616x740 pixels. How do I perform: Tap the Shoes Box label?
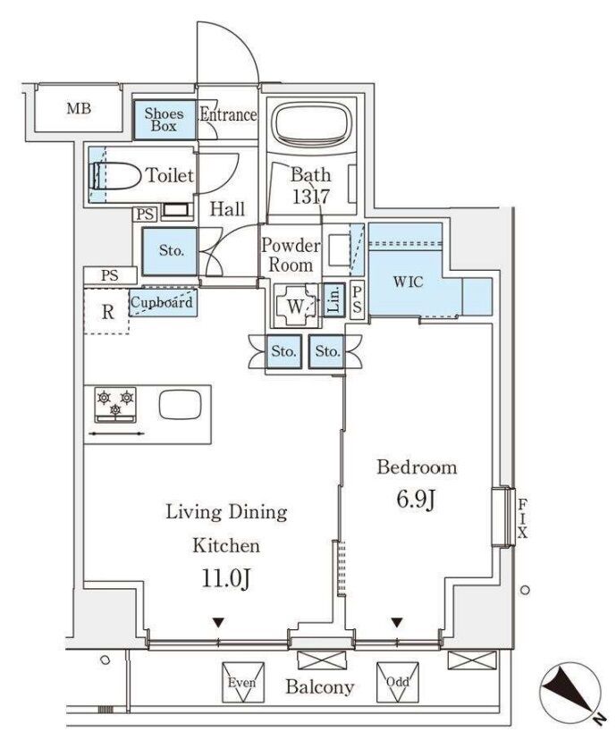[x=166, y=119]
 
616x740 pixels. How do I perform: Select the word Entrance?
[x=228, y=115]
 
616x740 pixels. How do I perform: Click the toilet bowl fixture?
[x=114, y=176]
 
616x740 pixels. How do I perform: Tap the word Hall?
[x=228, y=210]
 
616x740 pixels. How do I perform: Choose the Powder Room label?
[x=291, y=256]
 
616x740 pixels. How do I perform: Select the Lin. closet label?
[x=331, y=298]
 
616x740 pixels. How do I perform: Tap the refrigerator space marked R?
[x=106, y=312]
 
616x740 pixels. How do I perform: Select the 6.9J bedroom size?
[x=416, y=500]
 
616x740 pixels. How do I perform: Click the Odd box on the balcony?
[x=397, y=683]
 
